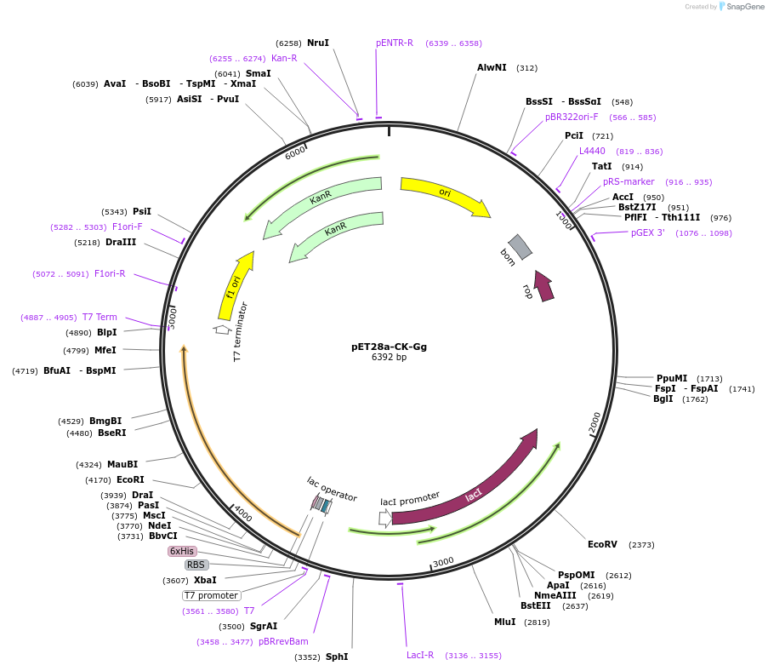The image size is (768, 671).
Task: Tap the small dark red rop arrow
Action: (x=543, y=286)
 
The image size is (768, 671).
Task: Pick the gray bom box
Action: (x=520, y=247)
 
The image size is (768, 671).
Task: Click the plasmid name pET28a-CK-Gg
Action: (x=389, y=347)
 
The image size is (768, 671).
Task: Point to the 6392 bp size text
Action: (x=389, y=357)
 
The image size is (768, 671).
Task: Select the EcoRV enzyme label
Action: (x=602, y=544)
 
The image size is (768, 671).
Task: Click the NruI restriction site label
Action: (x=318, y=43)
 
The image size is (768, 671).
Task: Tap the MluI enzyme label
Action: (x=504, y=622)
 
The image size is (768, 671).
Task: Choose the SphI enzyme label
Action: (x=337, y=657)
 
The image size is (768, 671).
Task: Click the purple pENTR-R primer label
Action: (x=395, y=43)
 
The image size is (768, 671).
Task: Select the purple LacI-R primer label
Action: (x=420, y=656)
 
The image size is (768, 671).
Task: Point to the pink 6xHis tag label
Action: (x=182, y=551)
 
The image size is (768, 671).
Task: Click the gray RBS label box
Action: (x=196, y=565)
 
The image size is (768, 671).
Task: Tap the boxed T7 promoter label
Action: (x=211, y=595)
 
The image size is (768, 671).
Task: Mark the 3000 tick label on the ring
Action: (x=443, y=562)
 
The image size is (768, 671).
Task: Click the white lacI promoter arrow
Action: (x=385, y=518)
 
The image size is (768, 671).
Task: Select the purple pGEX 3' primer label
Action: (x=647, y=233)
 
